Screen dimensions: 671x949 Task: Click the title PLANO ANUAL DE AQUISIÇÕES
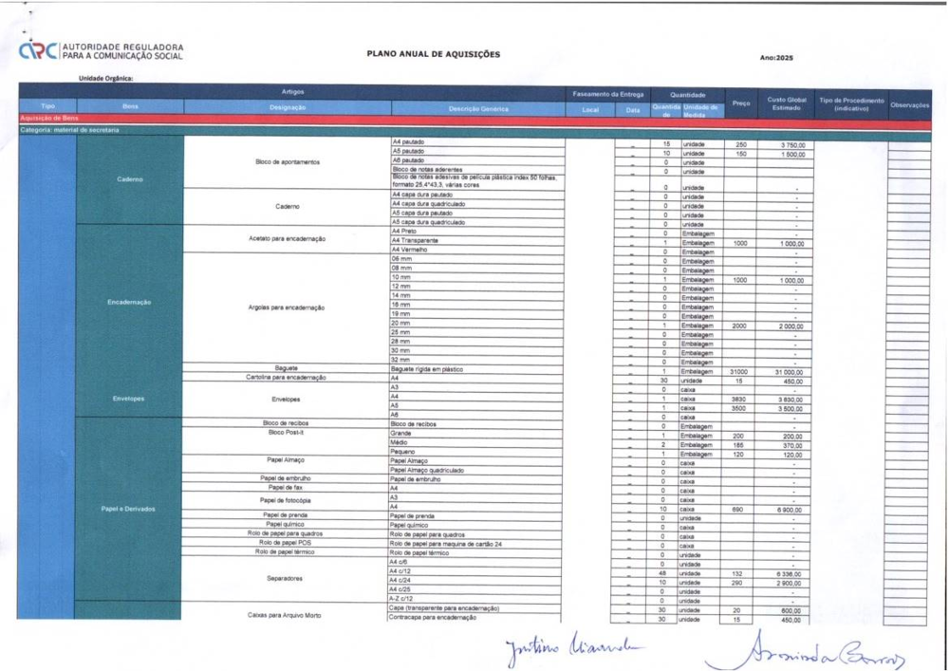[x=433, y=54]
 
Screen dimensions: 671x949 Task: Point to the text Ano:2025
[x=776, y=58]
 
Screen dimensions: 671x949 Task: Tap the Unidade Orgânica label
[x=106, y=79]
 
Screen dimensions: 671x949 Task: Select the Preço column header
[x=742, y=103]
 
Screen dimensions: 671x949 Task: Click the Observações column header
[x=909, y=105]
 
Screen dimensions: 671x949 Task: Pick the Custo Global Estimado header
[x=787, y=103]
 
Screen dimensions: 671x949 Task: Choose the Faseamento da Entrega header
[x=608, y=95]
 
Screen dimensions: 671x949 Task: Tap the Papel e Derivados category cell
[x=128, y=509]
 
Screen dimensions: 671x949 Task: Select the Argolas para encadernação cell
[x=287, y=308]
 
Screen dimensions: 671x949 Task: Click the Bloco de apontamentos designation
[x=287, y=161]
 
